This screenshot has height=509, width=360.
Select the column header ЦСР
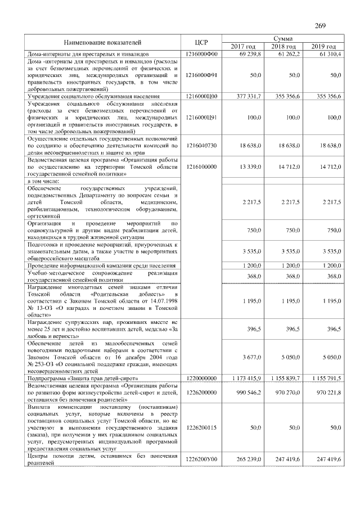click(x=201, y=42)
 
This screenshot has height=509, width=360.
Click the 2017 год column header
click(x=243, y=46)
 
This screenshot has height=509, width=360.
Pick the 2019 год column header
click(x=323, y=46)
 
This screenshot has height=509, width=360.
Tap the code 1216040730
click(x=201, y=145)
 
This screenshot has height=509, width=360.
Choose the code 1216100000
click(x=201, y=166)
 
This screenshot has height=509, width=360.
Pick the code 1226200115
click(x=201, y=428)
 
